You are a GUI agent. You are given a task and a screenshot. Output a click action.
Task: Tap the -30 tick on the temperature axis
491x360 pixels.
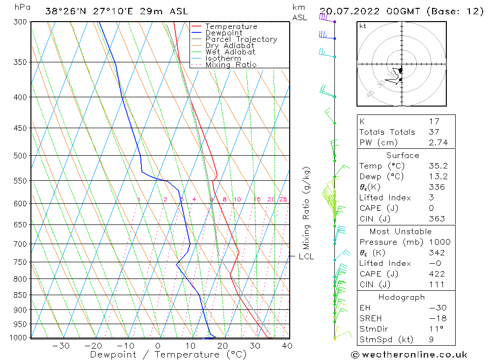[x=61, y=346]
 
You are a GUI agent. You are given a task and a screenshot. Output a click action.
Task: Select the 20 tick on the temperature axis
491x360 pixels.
[x=222, y=346]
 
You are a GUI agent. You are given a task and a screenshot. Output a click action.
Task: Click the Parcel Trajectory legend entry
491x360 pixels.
[x=241, y=39]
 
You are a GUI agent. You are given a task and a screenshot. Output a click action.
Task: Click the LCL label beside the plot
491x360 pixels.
[x=306, y=256]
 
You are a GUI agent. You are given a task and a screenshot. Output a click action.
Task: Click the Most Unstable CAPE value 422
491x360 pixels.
[x=436, y=274]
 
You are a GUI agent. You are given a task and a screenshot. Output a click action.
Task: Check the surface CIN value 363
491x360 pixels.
[x=436, y=219]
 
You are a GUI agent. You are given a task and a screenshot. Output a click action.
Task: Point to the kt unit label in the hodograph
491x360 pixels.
[x=362, y=26]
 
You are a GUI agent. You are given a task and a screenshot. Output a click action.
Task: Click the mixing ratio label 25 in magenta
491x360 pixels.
[x=283, y=199]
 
